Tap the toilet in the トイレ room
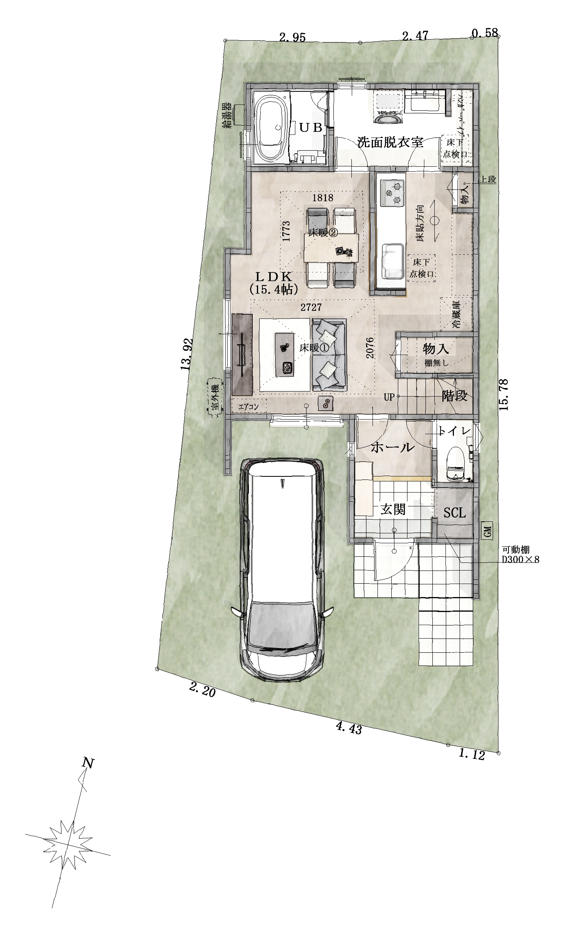click(x=455, y=463)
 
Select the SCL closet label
click(x=454, y=513)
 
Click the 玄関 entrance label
click(x=393, y=510)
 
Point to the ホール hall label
click(x=393, y=448)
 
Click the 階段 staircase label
click(x=455, y=396)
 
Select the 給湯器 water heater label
click(x=227, y=115)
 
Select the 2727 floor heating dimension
click(x=311, y=307)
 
